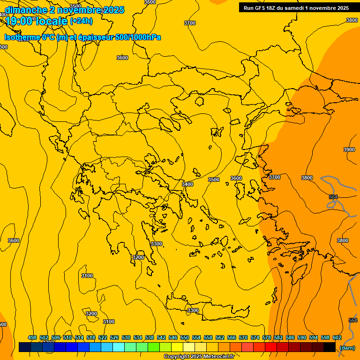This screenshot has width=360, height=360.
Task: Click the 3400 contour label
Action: pyautogui.click(x=187, y=184)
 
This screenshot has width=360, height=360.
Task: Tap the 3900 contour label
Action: pyautogui.click(x=349, y=150)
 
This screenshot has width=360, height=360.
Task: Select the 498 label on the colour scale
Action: pyautogui.click(x=32, y=337)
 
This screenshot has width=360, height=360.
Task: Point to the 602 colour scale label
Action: pyautogui.click(x=337, y=337)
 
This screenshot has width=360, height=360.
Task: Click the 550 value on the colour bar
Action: pyautogui.click(x=185, y=337)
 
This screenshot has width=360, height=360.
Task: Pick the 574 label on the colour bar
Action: pyautogui.click(x=255, y=337)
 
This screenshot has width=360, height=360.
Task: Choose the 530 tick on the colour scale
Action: pyautogui.click(x=126, y=337)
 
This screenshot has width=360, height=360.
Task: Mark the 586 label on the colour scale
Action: pyautogui.click(x=290, y=337)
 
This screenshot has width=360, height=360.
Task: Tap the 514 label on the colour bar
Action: pyautogui.click(x=79, y=337)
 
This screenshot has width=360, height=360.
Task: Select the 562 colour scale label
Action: pyautogui.click(x=220, y=337)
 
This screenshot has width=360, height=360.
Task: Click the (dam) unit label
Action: pyautogui.click(x=347, y=348)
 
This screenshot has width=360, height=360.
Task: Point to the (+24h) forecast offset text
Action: pyautogui.click(x=81, y=21)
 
